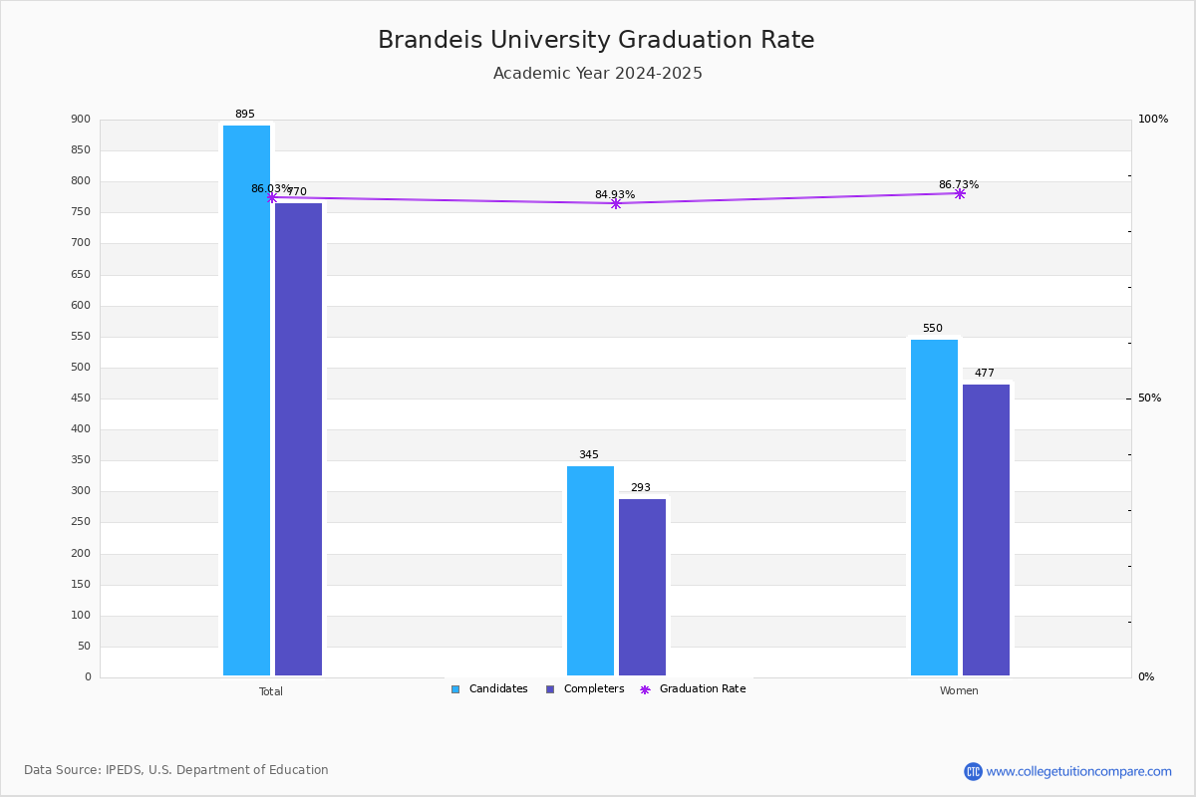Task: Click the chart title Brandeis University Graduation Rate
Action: click(x=596, y=40)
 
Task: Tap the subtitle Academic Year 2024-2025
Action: click(x=597, y=73)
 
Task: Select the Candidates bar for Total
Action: click(x=247, y=400)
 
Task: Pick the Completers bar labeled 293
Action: click(x=642, y=587)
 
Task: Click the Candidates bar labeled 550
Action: click(x=935, y=508)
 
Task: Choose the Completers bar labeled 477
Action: click(x=986, y=530)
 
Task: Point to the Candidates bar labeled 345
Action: click(x=590, y=571)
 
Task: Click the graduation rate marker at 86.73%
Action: click(x=960, y=194)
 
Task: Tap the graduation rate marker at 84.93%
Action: click(x=616, y=204)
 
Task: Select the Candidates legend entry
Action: click(x=489, y=689)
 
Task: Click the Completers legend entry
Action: click(x=585, y=689)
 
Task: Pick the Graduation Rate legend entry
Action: click(x=693, y=689)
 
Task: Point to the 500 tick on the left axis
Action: click(x=81, y=368)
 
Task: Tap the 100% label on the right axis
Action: click(x=1153, y=119)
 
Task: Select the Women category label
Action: click(x=959, y=690)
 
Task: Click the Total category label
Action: click(x=271, y=691)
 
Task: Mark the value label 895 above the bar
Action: click(x=245, y=114)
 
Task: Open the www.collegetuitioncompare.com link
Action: click(x=1078, y=771)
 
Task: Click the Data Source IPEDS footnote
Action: click(x=176, y=770)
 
